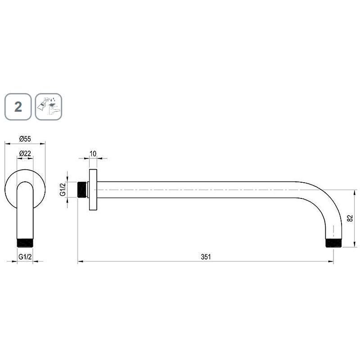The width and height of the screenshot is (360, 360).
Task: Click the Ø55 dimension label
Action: tap(25, 139)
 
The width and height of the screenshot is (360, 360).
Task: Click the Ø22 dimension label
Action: tap(25, 153)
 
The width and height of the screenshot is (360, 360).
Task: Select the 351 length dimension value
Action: tap(206, 256)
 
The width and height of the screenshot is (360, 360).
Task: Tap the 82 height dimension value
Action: tap(350, 218)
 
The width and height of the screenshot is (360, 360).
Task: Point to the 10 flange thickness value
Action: tap(93, 153)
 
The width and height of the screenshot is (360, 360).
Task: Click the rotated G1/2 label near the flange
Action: tap(63, 189)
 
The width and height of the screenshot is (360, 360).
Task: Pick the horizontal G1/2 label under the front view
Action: tap(25, 256)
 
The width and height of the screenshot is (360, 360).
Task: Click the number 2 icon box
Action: tap(18, 107)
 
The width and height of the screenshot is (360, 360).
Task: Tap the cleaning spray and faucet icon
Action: tap(49, 107)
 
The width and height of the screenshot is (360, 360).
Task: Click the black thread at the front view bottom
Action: tap(25, 243)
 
